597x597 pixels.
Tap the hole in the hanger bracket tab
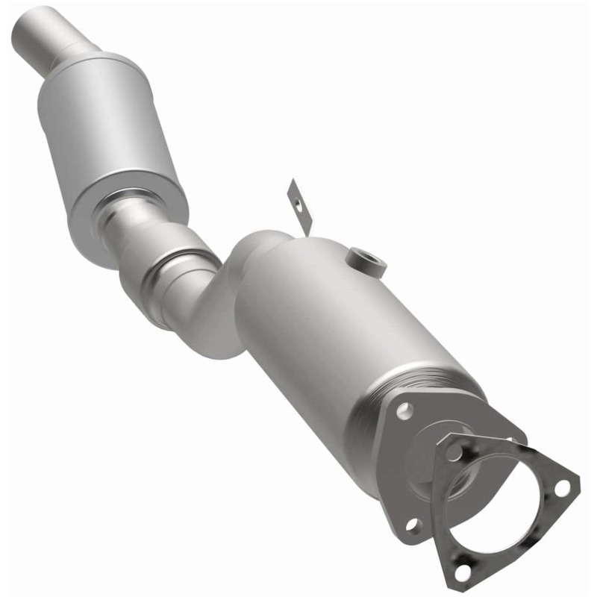[x=296, y=200]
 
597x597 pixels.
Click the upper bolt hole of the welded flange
[x=404, y=410]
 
